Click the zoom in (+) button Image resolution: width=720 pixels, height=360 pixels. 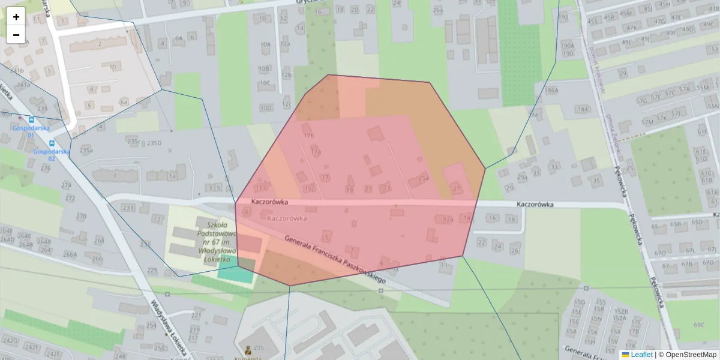16,17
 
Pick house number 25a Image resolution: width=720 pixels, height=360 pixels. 424,178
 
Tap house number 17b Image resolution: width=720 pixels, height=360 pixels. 309,136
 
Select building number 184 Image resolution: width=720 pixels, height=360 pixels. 582,109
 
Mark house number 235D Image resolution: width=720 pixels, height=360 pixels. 154,143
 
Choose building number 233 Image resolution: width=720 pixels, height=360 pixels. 128,208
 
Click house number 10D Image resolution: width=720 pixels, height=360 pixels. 266,108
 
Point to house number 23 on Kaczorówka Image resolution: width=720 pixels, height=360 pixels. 386,188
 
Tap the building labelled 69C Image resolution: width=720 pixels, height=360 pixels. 699,325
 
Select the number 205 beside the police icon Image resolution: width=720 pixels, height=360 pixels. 259,348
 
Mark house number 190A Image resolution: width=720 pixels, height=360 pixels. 567,46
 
